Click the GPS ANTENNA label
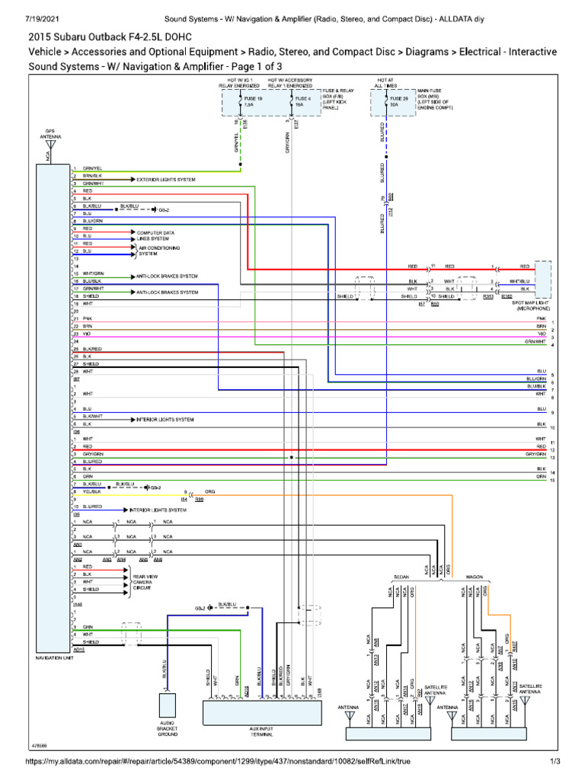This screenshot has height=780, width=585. [x=50, y=134]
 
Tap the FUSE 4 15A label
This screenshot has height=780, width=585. [x=302, y=101]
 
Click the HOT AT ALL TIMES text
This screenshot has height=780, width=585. [x=385, y=83]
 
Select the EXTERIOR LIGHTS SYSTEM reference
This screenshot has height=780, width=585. [x=166, y=179]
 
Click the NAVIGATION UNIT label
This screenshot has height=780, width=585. [x=54, y=657]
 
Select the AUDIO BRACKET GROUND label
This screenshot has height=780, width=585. [x=168, y=729]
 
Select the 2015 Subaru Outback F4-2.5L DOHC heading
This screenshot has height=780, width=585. [x=110, y=37]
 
